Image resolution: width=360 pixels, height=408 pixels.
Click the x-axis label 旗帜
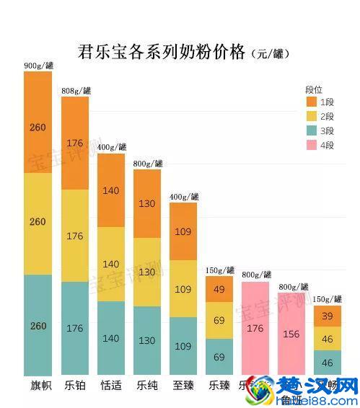coord(38,386)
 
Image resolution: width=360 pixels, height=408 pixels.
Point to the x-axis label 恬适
coord(110,386)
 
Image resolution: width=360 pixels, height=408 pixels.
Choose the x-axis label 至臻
coord(183,386)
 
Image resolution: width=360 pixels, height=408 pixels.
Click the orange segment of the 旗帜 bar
coord(38,122)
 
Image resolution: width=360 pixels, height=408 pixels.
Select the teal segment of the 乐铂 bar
coord(74,328)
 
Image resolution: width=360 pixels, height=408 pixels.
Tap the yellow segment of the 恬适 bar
coord(110,264)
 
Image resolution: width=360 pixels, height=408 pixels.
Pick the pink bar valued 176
coord(255,328)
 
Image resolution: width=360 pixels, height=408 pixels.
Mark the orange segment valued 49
coord(219,289)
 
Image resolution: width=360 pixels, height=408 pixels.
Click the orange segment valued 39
coord(327,316)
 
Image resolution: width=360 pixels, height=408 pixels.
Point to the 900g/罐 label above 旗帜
coord(38,66)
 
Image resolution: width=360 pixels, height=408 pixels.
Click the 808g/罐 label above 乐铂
coord(75,90)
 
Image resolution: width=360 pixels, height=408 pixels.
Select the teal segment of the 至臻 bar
coord(183,346)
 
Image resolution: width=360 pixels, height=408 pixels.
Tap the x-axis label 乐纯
coord(146,386)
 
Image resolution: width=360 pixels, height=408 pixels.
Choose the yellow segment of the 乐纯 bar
coord(146,272)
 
